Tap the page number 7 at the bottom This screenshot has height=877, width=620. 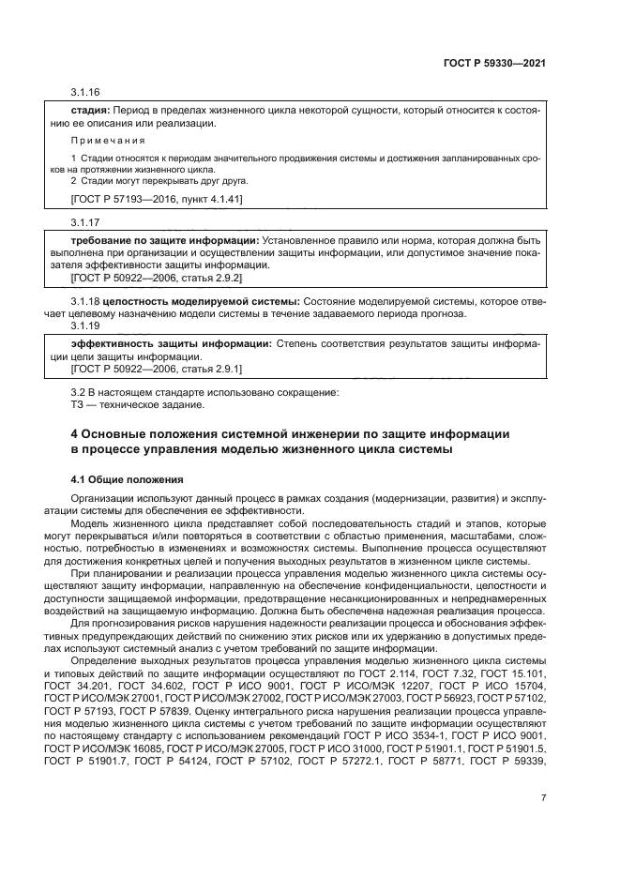[543, 797]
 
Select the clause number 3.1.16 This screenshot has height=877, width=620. [85, 94]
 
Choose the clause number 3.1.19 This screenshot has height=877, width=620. [85, 325]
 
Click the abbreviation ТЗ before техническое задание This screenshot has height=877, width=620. [78, 405]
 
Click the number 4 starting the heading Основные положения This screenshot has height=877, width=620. [76, 434]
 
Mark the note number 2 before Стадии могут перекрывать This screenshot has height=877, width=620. [74, 180]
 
